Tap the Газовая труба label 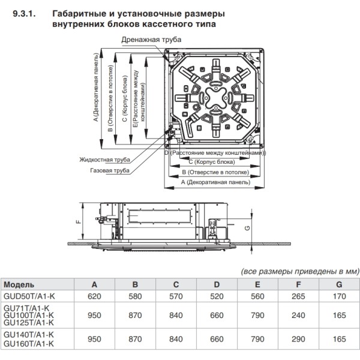coord(110,170)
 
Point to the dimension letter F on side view coord(77,221)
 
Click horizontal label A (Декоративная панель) coord(213,181)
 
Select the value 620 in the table coord(94,296)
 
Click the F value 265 coord(298,296)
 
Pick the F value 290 coord(298,339)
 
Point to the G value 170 coord(339,296)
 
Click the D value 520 coord(216,296)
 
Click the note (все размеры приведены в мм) coord(296,271)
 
